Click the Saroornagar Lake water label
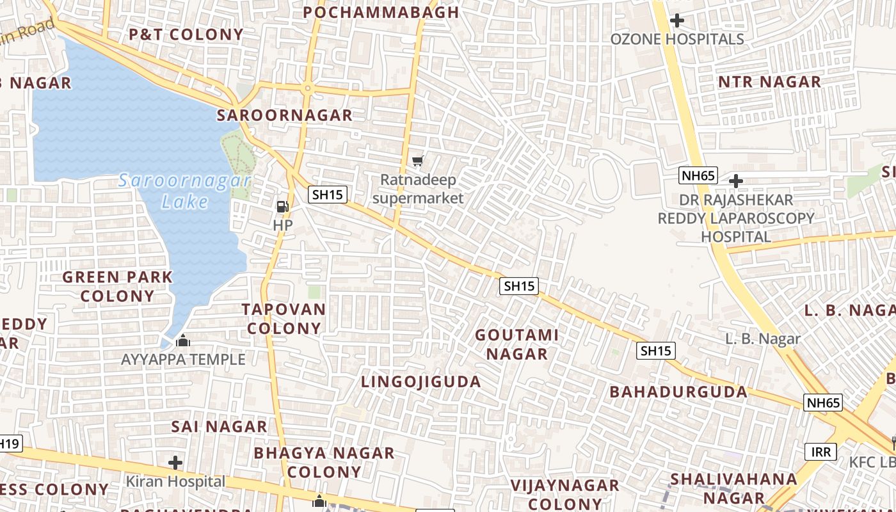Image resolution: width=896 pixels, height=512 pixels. pos(184,191)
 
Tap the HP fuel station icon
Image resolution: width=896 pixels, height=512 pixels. pos(282,206)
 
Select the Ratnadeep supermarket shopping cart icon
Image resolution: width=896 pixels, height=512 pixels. pos(418,161)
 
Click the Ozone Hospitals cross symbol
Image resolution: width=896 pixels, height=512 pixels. pos(676,20)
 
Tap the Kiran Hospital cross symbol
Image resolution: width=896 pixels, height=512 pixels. pos(175,462)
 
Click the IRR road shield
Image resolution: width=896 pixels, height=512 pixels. pos(820,452)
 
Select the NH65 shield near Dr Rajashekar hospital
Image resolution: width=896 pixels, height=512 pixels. pos(698,175)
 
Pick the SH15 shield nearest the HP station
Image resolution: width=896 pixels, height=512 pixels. pos(327,195)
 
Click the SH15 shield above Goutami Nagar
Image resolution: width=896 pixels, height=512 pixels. pos(518,286)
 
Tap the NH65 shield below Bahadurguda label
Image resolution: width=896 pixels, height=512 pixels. pos(822,403)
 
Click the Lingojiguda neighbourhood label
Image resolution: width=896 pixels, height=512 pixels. pos(420,382)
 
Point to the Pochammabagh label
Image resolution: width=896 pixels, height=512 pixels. pos(381,12)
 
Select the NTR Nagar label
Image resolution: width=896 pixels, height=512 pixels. pos(769,82)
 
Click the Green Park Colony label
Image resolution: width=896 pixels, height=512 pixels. pos(117,287)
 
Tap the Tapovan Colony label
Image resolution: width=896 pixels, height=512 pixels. pos(284,319)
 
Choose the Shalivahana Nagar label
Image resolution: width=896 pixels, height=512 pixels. pos(733,488)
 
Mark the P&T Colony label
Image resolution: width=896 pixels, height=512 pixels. pos(186,35)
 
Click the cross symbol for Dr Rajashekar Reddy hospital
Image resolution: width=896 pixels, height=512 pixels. pos(736,181)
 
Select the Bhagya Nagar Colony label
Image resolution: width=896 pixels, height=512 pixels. pos(324,462)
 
